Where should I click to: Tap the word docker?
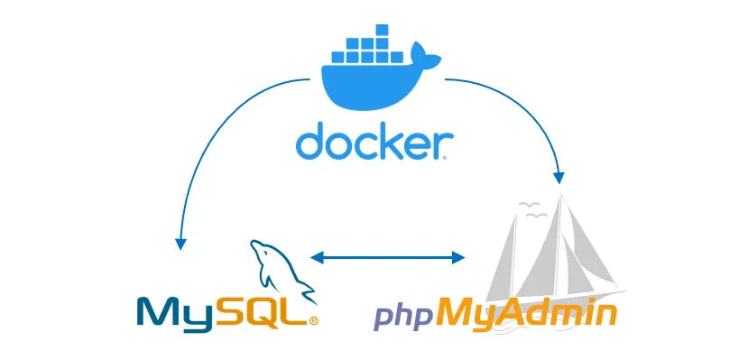tap(372, 143)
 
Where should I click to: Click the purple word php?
tap(403, 317)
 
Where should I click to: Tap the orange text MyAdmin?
tap(526, 313)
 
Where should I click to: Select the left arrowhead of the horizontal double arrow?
tap(316, 258)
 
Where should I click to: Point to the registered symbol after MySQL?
tap(314, 319)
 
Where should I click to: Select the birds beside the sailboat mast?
tap(531, 215)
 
